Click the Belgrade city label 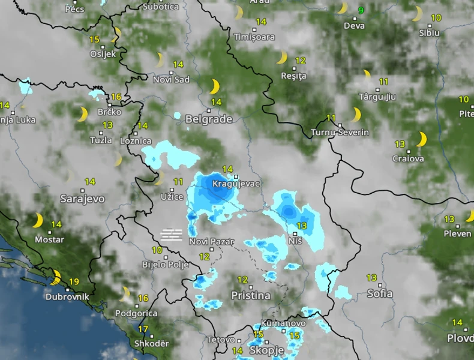[209, 119]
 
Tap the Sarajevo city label [82, 198]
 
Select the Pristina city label [251, 295]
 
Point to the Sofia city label [380, 293]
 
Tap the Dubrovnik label [67, 296]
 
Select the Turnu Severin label [340, 132]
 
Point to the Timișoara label [254, 37]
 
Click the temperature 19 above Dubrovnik [74, 281]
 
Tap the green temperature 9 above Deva [361, 10]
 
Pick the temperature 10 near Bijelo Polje [157, 250]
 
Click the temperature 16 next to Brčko [116, 97]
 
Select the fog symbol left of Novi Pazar [172, 234]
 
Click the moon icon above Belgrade [214, 86]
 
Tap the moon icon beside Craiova [421, 139]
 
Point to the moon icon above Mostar [37, 220]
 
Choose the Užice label [172, 196]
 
